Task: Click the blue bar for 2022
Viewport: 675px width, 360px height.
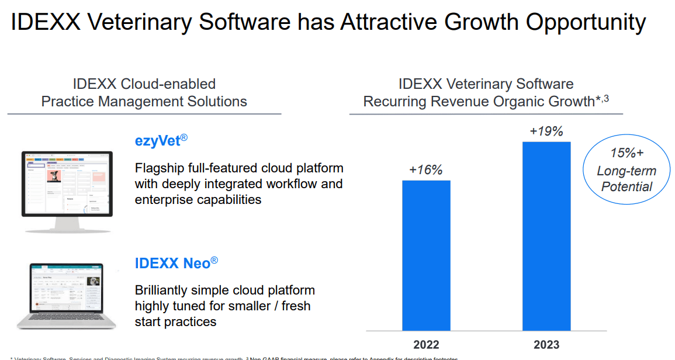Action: (426, 255)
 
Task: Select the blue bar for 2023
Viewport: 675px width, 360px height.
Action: (546, 236)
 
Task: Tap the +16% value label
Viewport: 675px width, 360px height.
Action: (425, 170)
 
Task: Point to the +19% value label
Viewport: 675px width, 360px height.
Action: (546, 131)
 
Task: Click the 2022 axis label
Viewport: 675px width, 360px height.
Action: (426, 344)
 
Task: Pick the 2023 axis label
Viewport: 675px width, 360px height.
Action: (546, 344)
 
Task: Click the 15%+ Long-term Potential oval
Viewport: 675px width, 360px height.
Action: (626, 170)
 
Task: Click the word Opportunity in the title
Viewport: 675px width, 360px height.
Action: (586, 23)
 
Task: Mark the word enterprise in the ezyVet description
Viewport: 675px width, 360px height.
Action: (165, 200)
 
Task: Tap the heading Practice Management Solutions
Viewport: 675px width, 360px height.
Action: (144, 101)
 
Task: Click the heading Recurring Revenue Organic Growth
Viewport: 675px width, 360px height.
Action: (479, 102)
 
